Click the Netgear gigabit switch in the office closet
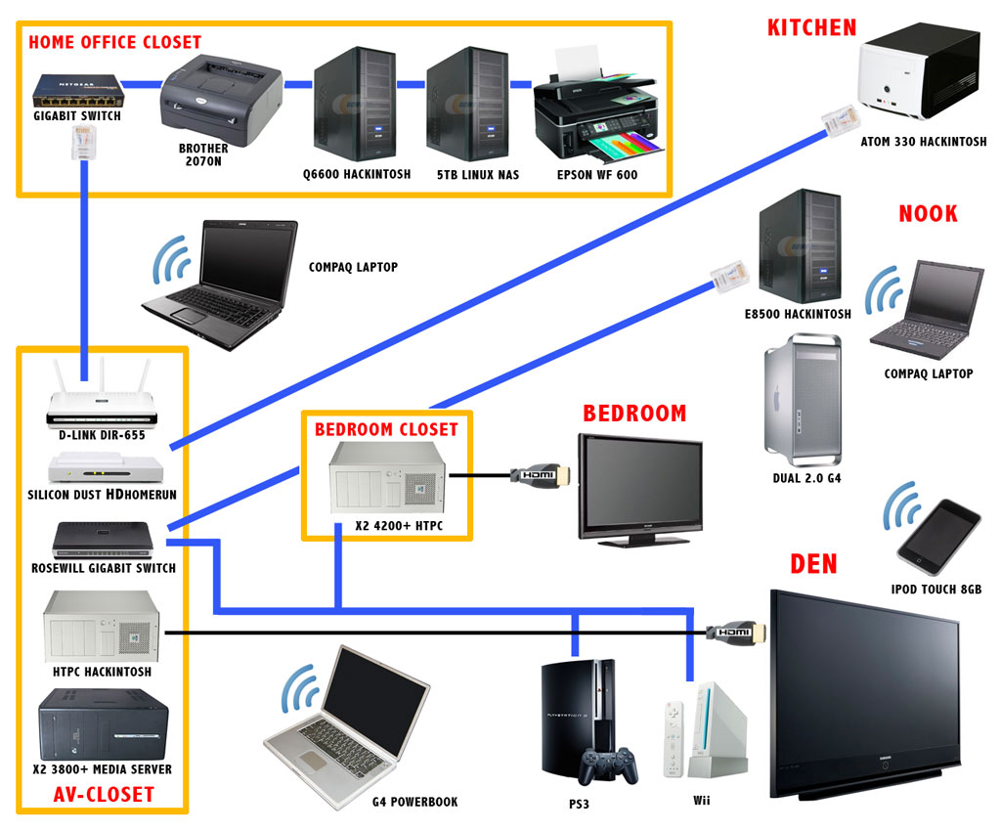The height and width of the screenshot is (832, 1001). click(75, 90)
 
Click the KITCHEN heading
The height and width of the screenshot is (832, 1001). click(811, 26)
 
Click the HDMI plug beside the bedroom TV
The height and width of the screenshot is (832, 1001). click(538, 475)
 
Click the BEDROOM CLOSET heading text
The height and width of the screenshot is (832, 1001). click(386, 429)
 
